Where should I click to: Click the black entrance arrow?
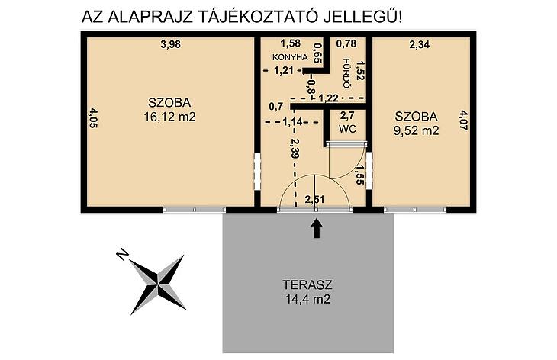[x=317, y=228]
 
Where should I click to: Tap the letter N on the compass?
[x=122, y=254]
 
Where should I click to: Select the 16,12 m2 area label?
[x=170, y=117]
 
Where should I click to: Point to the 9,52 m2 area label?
[x=417, y=130]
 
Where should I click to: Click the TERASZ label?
[x=307, y=284]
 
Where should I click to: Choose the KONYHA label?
[x=290, y=57]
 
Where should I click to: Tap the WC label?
[x=347, y=129]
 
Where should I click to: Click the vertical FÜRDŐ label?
[x=346, y=72]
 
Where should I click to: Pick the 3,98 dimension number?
[x=171, y=44]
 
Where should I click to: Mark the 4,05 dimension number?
[x=93, y=118]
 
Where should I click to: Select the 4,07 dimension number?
[x=463, y=120]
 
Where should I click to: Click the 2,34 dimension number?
[x=420, y=44]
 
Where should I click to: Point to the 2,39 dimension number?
[x=295, y=148]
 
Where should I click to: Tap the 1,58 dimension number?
[x=291, y=43]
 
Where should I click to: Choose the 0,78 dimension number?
[x=346, y=43]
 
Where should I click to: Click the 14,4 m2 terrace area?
[x=308, y=299]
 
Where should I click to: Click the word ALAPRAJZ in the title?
[x=150, y=17]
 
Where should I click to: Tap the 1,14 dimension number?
[x=293, y=122]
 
